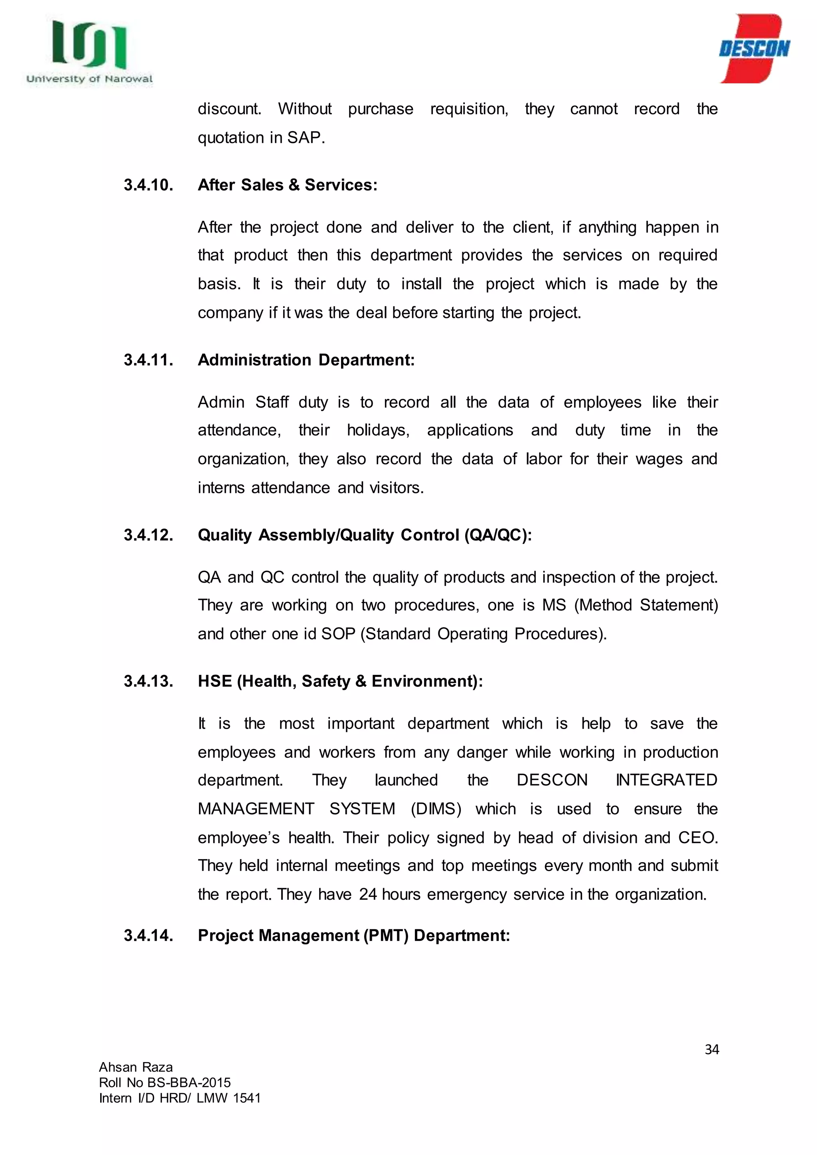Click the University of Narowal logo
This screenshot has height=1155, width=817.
point(89,51)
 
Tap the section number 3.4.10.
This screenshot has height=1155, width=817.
point(148,185)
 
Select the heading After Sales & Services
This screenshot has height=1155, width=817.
point(287,185)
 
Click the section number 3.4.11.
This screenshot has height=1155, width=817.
point(148,360)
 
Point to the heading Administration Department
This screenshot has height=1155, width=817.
point(306,360)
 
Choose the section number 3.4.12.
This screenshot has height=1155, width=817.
point(148,535)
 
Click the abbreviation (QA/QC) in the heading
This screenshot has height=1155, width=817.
point(497,535)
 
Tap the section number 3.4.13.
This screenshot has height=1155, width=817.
point(148,681)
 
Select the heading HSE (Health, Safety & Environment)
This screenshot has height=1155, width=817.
point(340,681)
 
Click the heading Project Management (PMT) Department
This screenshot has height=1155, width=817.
point(354,935)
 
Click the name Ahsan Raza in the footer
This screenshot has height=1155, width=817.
point(136,1067)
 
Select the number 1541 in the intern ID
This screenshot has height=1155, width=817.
point(247,1098)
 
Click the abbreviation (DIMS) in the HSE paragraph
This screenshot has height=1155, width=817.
point(436,809)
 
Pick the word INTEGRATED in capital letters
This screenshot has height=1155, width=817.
point(667,780)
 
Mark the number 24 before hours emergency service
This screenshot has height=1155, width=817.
point(368,895)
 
